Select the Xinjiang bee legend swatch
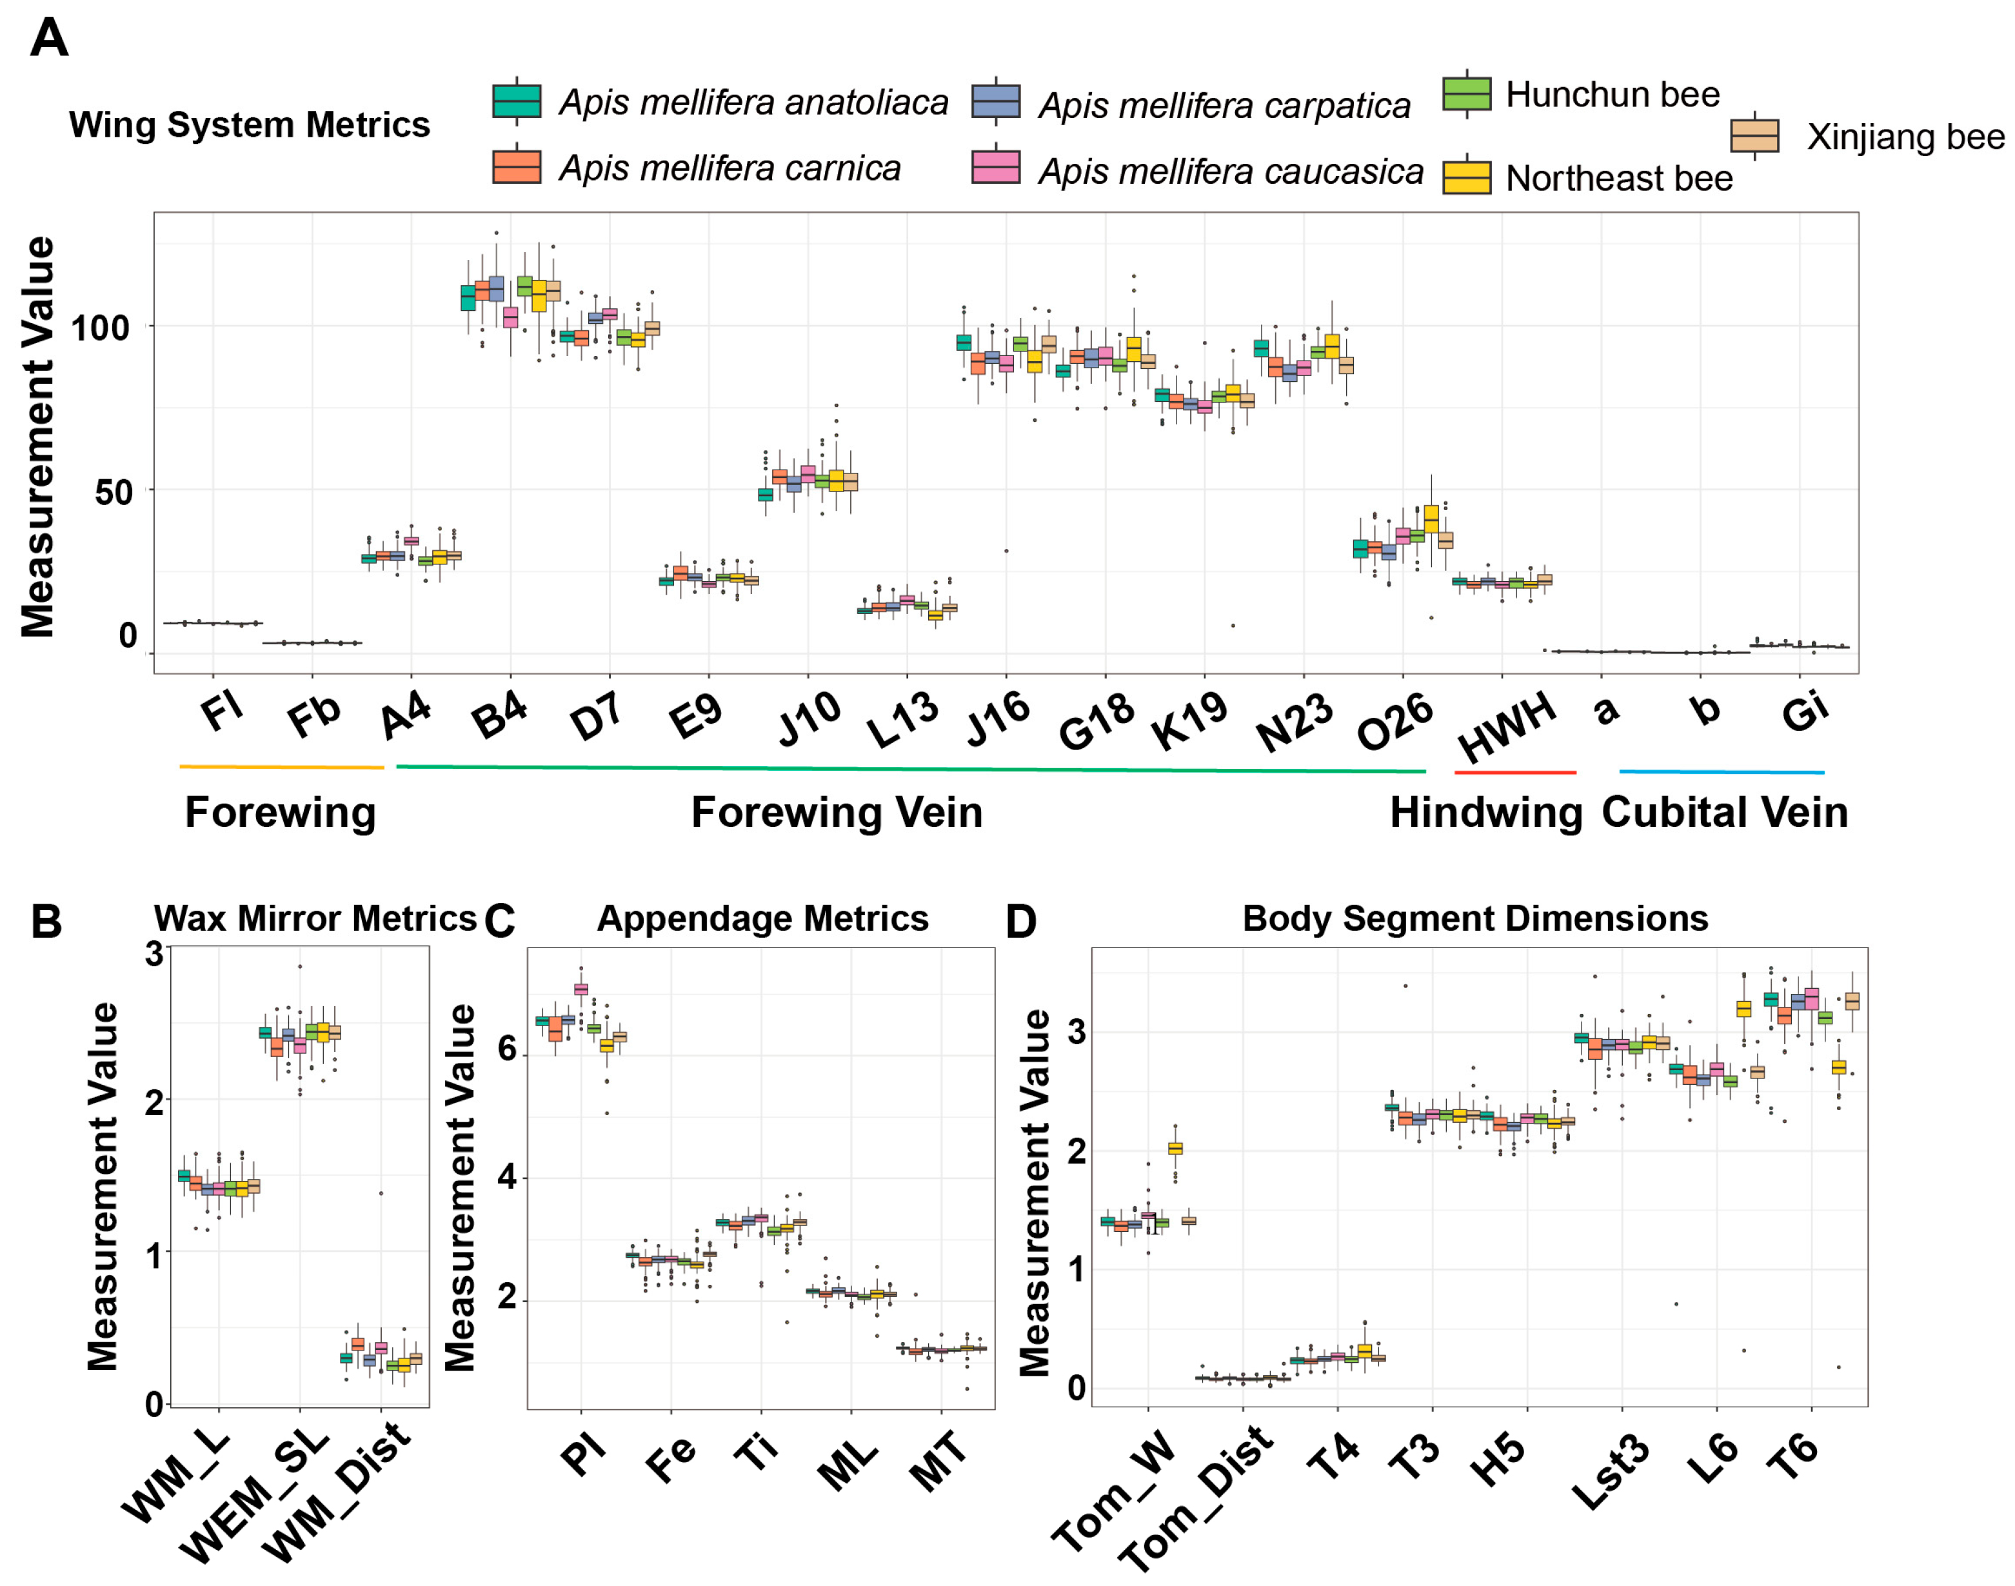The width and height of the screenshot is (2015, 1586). coord(1754,137)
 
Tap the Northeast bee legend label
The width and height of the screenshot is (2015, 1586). coord(1618,178)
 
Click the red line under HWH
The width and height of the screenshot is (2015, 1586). coord(1514,771)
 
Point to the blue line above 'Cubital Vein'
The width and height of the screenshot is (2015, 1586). coord(1722,771)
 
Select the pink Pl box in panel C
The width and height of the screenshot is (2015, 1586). coord(581,989)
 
